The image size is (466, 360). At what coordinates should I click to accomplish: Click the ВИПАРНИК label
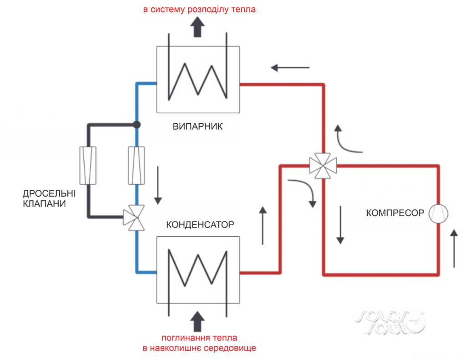(x=198, y=126)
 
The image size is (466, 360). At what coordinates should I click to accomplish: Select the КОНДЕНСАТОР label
(x=200, y=225)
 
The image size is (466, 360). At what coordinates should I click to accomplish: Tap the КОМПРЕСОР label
(x=395, y=213)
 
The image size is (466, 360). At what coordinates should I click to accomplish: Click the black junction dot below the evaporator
(x=136, y=124)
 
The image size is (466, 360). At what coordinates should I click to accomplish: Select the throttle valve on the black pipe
(x=88, y=165)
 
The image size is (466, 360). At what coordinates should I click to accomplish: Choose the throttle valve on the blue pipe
(x=136, y=165)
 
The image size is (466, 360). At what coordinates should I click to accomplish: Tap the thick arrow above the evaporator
(x=198, y=29)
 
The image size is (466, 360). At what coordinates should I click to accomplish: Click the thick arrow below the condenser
(x=198, y=321)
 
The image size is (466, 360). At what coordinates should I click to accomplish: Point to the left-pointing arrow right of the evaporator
(x=290, y=68)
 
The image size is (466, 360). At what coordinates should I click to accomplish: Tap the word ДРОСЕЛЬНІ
(x=49, y=193)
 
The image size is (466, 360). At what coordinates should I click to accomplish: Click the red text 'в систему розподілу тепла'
(x=199, y=9)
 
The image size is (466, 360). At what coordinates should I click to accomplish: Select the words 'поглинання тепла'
(x=199, y=338)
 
